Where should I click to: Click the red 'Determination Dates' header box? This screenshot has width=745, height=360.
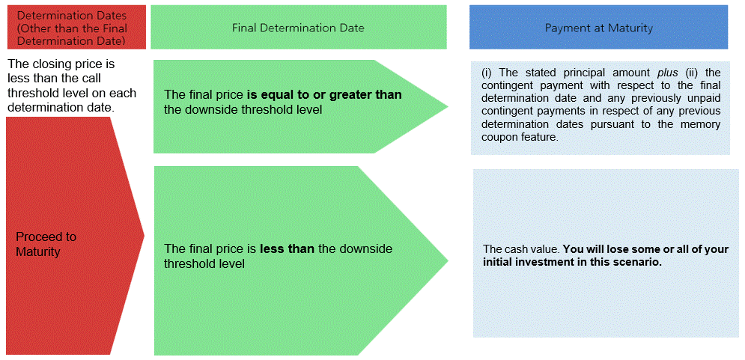pos(76,27)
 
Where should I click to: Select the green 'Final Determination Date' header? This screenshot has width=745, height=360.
pos(299,27)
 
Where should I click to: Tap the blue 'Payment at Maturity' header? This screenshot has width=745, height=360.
pos(599,27)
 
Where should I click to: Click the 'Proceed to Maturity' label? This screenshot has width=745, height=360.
pos(46,244)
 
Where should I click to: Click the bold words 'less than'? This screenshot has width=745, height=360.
pos(288,249)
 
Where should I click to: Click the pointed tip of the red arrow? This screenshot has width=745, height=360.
pos(145,234)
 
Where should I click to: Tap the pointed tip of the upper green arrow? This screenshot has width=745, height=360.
pos(448,106)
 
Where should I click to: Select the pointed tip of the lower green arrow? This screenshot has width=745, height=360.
pos(448,260)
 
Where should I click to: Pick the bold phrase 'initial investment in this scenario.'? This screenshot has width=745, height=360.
pos(573,263)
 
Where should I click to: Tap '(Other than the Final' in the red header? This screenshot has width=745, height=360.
pos(72,28)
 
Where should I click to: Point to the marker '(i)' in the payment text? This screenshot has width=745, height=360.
pos(486,73)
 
